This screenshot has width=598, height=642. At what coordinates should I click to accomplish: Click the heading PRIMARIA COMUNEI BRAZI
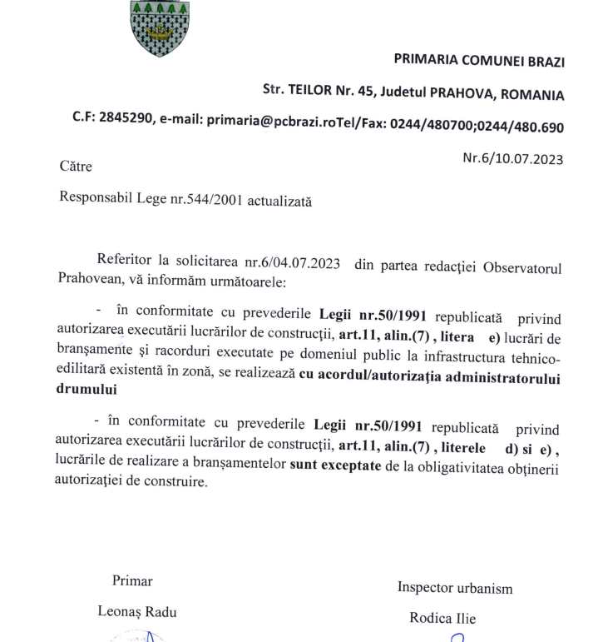pyautogui.click(x=479, y=61)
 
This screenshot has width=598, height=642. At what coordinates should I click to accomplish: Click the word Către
pyautogui.click(x=77, y=166)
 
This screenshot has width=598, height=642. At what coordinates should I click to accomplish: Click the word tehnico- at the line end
pyautogui.click(x=531, y=358)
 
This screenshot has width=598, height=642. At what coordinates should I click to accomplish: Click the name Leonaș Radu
pyautogui.click(x=137, y=613)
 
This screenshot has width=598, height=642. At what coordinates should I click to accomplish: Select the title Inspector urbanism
pyautogui.click(x=455, y=589)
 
